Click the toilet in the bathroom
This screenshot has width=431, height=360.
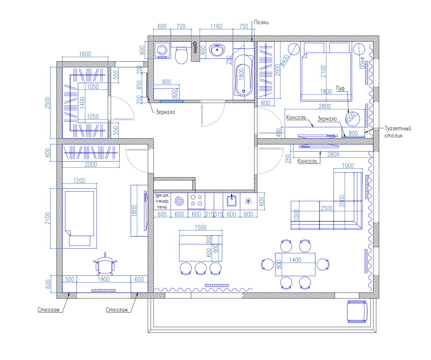181,55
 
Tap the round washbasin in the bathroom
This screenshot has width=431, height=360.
217,49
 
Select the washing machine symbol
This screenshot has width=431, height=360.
162,50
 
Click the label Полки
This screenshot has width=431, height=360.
261,22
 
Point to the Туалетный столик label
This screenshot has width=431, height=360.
398,132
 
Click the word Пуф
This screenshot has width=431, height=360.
340,89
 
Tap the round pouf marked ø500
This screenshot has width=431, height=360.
352,119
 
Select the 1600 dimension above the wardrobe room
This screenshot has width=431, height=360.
85,54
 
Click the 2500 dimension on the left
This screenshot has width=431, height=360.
48,103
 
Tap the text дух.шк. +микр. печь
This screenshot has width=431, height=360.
162,201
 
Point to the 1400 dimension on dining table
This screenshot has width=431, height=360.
295,260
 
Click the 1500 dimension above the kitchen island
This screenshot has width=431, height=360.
201,227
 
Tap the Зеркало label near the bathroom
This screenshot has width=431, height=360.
165,112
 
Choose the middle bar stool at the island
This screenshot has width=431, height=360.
201,269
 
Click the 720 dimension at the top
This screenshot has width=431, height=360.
181,26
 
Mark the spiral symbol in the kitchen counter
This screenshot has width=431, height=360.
179,201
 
